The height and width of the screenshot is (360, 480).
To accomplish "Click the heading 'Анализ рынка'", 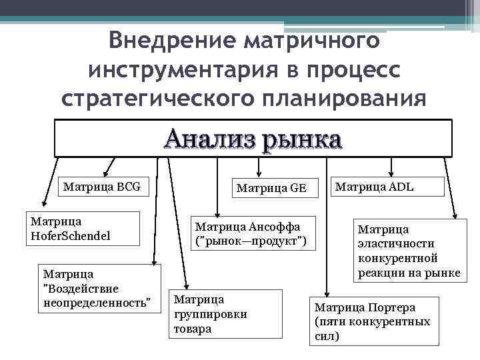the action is (x=253, y=139).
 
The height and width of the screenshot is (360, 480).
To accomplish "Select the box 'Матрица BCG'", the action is (x=102, y=187).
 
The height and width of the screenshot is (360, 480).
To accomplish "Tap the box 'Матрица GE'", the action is (x=270, y=188).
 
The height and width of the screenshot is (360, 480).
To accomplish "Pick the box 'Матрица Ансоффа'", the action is (x=250, y=233).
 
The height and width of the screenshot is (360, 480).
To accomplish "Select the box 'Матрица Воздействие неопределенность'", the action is (x=101, y=288).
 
